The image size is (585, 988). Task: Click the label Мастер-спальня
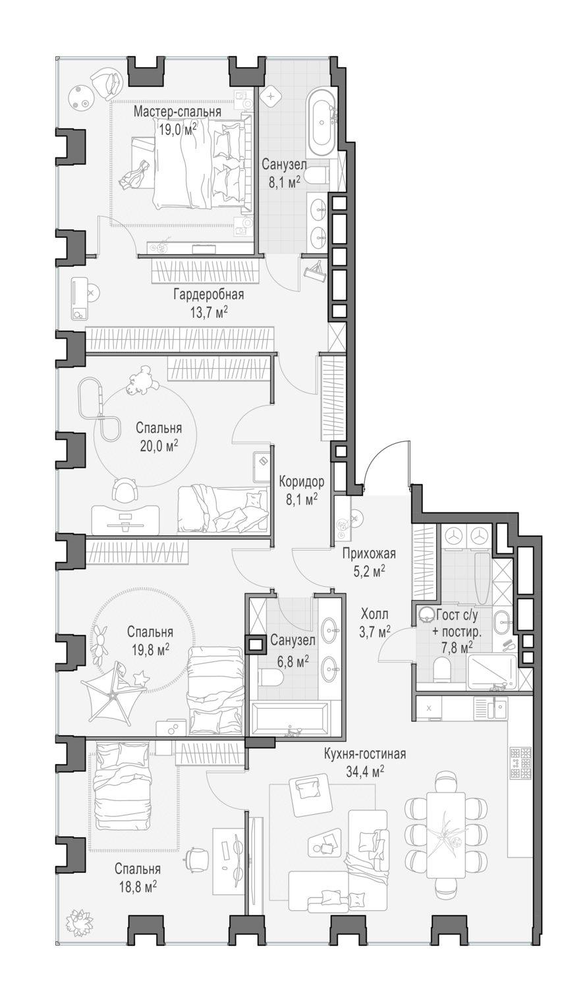[x=177, y=111]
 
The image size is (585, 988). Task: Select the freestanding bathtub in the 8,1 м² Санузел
[x=321, y=123]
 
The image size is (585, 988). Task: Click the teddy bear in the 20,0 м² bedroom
[x=142, y=381]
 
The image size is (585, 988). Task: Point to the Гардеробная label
[x=209, y=294]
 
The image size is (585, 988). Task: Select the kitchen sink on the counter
[x=491, y=708]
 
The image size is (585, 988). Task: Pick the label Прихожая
[x=370, y=553]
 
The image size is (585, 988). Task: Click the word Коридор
[x=302, y=481]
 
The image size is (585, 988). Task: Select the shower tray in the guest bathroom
[x=491, y=672]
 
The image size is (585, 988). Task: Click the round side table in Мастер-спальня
[x=82, y=97]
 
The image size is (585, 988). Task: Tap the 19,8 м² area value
[x=150, y=649]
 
